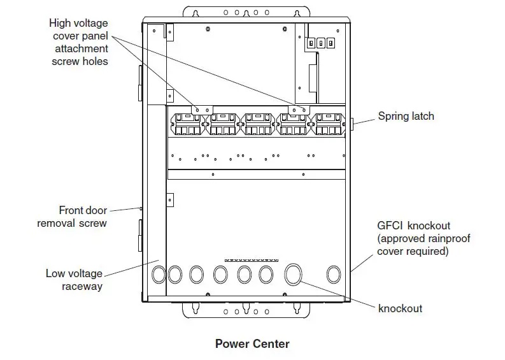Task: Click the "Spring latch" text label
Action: pyautogui.click(x=406, y=116)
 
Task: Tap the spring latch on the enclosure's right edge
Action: pyautogui.click(x=352, y=124)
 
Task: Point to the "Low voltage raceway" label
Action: pyautogui.click(x=74, y=280)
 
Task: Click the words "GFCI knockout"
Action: pyautogui.click(x=413, y=226)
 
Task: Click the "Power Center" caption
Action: pyautogui.click(x=252, y=344)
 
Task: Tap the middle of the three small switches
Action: pyautogui.click(x=321, y=43)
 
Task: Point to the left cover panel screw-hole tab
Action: pyautogui.click(x=203, y=110)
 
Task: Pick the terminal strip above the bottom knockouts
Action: pyautogui.click(x=252, y=260)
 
